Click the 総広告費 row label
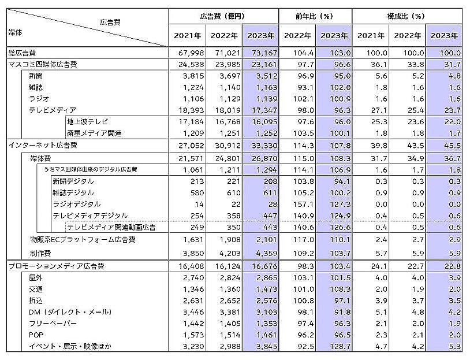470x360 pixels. point(20,53)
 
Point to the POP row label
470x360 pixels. point(36,334)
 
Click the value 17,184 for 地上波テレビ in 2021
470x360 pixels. point(187,123)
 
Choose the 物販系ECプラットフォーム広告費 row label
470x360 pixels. point(85,239)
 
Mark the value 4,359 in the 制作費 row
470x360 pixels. point(262,253)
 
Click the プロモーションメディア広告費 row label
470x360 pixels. point(57,266)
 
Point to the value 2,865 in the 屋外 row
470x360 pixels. point(262,277)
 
